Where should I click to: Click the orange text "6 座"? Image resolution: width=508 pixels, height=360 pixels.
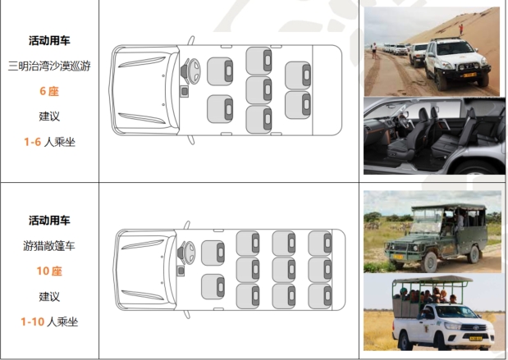click(49, 91)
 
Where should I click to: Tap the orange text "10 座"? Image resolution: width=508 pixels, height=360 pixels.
click(49, 271)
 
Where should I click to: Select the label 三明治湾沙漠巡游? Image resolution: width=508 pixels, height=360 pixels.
click(49, 66)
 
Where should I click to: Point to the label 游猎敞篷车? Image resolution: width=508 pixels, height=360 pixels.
click(49, 246)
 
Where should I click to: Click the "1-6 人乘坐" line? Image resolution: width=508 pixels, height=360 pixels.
click(49, 142)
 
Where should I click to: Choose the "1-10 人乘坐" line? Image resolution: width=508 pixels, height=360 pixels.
click(49, 321)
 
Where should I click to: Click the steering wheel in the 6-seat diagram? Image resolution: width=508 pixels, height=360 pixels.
click(194, 71)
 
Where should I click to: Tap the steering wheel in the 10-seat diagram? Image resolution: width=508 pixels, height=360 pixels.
click(190, 253)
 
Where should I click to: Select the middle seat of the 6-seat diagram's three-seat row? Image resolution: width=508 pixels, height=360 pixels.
click(259, 90)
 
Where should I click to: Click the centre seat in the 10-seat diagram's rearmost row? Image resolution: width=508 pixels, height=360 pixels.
click(320, 270)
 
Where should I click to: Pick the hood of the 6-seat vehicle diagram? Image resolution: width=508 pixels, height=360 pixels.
click(144, 89)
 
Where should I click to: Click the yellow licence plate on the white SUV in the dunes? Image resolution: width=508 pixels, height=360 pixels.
click(469, 75)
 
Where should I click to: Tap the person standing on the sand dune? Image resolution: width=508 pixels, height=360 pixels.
click(461, 30)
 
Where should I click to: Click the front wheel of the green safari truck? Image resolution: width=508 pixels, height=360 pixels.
click(429, 262)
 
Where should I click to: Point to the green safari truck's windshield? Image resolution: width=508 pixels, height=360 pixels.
click(427, 220)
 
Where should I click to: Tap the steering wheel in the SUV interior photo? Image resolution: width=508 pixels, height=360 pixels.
click(403, 121)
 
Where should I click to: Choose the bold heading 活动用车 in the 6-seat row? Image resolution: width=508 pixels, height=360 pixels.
click(49, 41)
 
